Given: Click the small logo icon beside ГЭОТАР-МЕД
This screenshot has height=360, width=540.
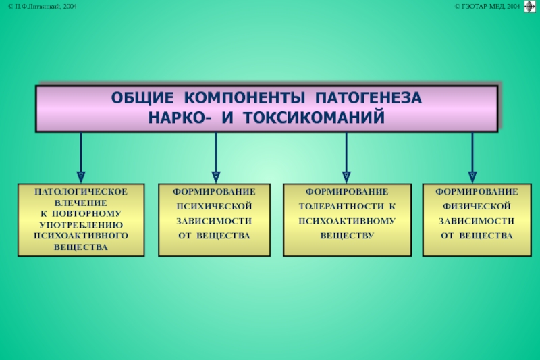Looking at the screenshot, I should pyautogui.click(x=529, y=6).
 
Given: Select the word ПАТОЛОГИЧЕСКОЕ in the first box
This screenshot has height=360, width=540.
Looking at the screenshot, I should pyautogui.click(x=81, y=192).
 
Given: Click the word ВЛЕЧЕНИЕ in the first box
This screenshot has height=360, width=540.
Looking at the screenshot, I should pyautogui.click(x=81, y=203).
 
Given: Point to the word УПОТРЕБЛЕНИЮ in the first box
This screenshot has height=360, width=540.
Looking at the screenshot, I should pyautogui.click(x=81, y=224).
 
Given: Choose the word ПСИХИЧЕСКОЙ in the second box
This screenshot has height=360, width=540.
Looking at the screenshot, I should pyautogui.click(x=214, y=205).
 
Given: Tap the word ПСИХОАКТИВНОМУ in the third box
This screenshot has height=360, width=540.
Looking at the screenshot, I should pyautogui.click(x=347, y=220).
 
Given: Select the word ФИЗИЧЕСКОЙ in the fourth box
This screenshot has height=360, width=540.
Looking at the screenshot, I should pyautogui.click(x=477, y=205).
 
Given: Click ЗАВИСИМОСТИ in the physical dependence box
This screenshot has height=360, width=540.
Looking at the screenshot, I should pyautogui.click(x=477, y=220).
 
